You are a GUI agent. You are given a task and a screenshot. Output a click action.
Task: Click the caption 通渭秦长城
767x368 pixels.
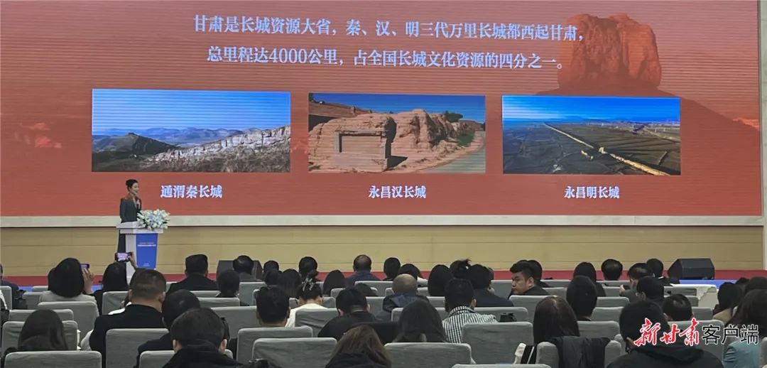191,192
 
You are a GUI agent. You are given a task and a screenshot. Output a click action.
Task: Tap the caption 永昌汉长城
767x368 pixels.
397,192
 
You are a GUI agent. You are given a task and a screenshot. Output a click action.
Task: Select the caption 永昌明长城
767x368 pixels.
592,193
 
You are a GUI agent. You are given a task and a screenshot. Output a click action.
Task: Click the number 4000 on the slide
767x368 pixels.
288,56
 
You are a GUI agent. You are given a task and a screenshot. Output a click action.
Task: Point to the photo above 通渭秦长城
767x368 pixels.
191,131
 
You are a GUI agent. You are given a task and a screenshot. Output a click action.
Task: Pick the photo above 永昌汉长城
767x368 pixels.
397,133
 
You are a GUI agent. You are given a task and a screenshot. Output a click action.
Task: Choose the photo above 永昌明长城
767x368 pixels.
592,136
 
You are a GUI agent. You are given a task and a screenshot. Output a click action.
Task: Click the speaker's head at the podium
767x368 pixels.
131,187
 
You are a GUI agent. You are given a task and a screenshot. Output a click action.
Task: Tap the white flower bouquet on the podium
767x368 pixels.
153,220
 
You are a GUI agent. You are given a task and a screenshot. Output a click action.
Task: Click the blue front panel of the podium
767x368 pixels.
147,249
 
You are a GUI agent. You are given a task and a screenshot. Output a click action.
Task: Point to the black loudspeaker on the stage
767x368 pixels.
691,269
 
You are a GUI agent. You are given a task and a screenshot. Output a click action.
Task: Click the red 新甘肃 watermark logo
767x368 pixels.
667,332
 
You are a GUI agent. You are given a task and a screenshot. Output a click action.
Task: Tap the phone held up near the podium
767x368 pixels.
122,256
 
